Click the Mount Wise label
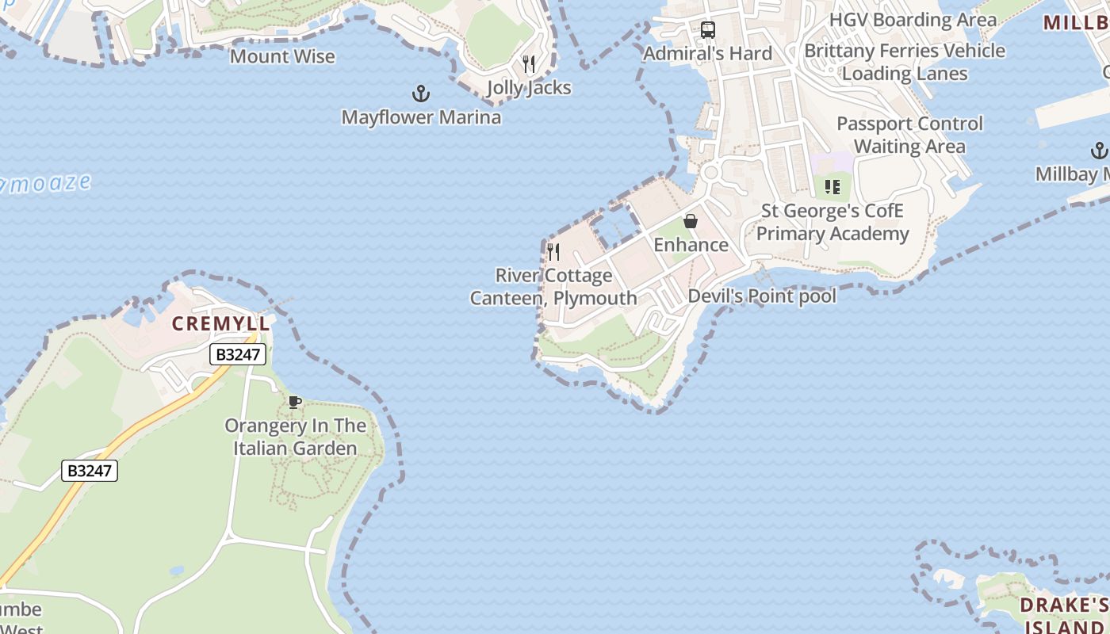(282, 56)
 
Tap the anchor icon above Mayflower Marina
(421, 94)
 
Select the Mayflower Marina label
(421, 117)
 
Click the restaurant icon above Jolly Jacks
(529, 63)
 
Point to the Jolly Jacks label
(529, 87)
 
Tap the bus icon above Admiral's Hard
(708, 30)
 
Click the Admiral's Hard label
(707, 53)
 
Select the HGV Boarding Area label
(913, 19)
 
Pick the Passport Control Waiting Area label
(909, 135)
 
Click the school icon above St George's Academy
(832, 187)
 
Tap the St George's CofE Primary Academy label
(832, 222)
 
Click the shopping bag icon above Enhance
(691, 221)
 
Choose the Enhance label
(691, 245)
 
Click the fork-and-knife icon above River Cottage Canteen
(553, 252)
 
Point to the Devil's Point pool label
(762, 296)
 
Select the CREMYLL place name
(221, 323)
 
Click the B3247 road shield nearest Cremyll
(238, 354)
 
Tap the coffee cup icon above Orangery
(295, 402)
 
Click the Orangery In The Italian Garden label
(296, 437)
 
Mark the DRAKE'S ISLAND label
(1063, 616)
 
